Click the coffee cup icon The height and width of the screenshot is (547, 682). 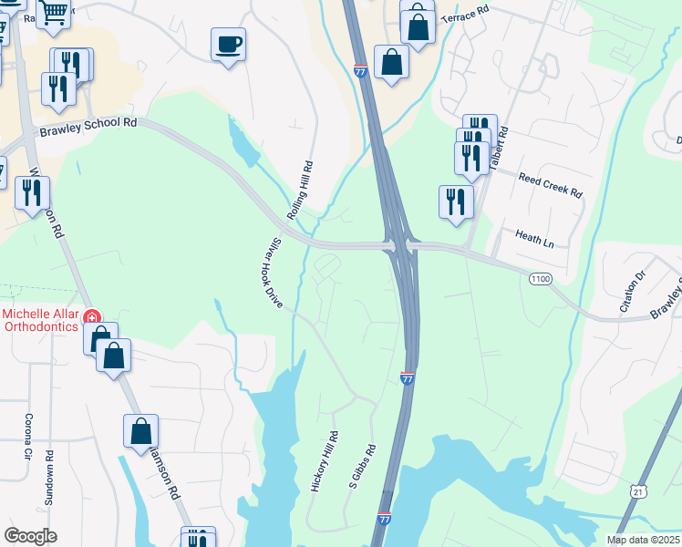click(228, 44)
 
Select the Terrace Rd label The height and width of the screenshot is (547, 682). click(465, 18)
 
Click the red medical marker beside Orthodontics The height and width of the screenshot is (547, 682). click(91, 317)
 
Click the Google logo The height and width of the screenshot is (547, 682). click(30, 536)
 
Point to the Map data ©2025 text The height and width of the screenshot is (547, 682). click(644, 540)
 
